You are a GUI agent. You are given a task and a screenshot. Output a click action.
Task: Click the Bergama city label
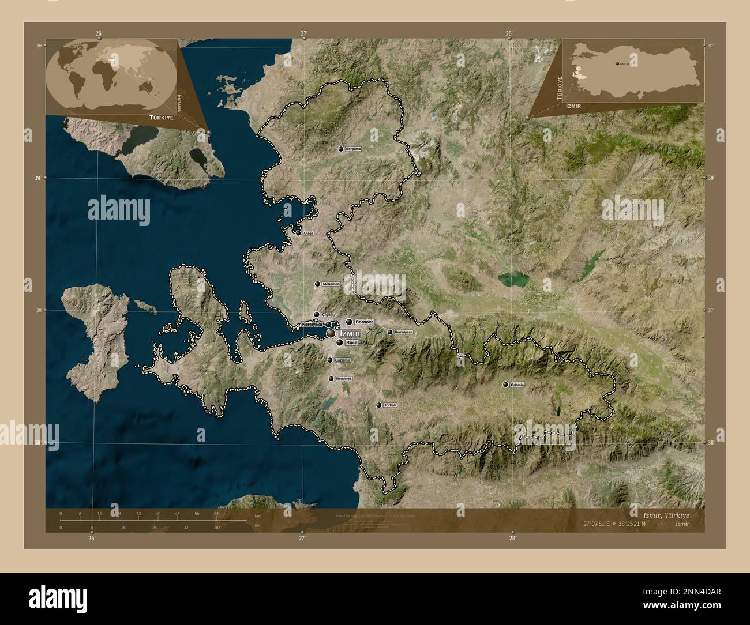pyautogui.click(x=353, y=149)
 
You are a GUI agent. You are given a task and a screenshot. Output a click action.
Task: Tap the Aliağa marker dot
pyautogui.click(x=298, y=234)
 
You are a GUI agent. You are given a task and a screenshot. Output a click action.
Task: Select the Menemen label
pyautogui.click(x=332, y=284)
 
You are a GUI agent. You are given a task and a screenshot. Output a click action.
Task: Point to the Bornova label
pyautogui.click(x=365, y=322)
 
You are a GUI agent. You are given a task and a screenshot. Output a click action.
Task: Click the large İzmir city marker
pyautogui.click(x=331, y=333)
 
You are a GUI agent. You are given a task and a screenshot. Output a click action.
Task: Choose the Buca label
pyautogui.click(x=351, y=342)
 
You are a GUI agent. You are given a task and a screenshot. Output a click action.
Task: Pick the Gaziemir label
pyautogui.click(x=343, y=360)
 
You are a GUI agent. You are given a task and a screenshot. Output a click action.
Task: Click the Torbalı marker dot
pyautogui.click(x=378, y=406)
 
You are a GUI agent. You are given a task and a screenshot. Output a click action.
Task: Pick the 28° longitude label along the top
pyautogui.click(x=509, y=33)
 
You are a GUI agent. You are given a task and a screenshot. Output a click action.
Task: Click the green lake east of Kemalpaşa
pyautogui.click(x=513, y=280)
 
